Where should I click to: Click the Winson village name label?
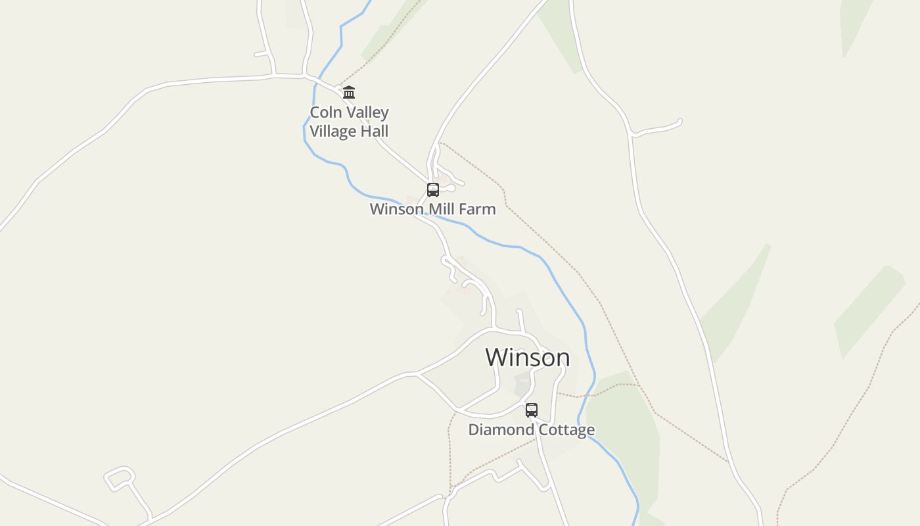tap(527, 358)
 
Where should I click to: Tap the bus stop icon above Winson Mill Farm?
tap(432, 190)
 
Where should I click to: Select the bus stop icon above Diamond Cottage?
tap(531, 410)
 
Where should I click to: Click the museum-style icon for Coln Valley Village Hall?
tap(349, 92)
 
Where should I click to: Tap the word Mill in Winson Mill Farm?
tap(442, 209)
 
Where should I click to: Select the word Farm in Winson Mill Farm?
tap(478, 209)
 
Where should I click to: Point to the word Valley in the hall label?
tap(367, 112)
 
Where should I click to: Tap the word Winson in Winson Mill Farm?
tap(397, 209)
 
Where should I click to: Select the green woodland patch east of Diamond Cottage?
tap(624, 427)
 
